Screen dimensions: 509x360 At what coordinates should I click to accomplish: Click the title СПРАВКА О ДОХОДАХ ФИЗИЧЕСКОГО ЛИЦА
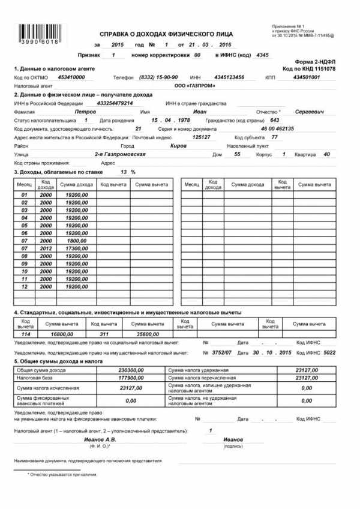tap(166, 34)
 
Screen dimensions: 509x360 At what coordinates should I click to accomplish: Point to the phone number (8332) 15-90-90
tap(158, 77)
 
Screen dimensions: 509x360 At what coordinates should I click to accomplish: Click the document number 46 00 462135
tap(277, 128)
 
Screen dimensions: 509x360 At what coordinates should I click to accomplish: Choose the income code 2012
tap(46, 248)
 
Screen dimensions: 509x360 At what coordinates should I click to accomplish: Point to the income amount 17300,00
tap(77, 248)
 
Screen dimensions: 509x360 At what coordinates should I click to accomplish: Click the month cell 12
tap(25, 287)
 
